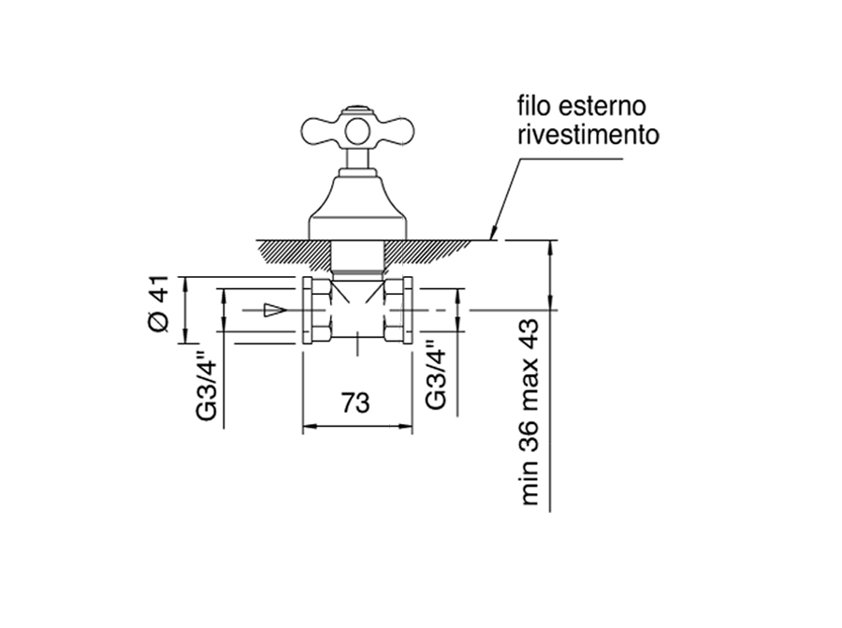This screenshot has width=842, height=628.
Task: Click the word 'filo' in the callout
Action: tap(534, 106)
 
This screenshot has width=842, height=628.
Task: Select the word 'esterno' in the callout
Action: tap(602, 107)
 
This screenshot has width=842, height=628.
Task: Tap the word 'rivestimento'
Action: tap(588, 135)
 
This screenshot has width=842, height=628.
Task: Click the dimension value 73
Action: tap(356, 402)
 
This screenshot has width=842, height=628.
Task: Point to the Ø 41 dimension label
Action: tap(159, 303)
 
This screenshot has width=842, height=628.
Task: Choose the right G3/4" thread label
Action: tap(437, 373)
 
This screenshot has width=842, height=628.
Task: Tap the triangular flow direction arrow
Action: tap(274, 310)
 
